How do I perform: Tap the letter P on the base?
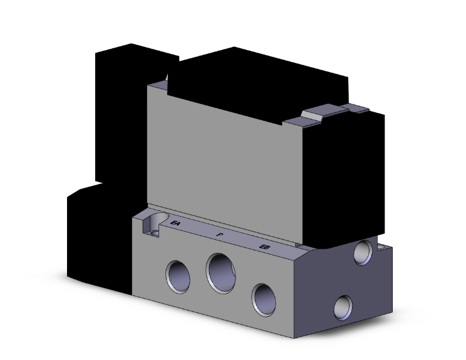(x=219, y=234)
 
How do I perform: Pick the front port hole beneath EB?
(x=263, y=298)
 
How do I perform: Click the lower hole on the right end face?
(x=343, y=307)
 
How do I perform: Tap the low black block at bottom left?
(x=97, y=238)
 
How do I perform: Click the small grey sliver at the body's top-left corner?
(x=166, y=79)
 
